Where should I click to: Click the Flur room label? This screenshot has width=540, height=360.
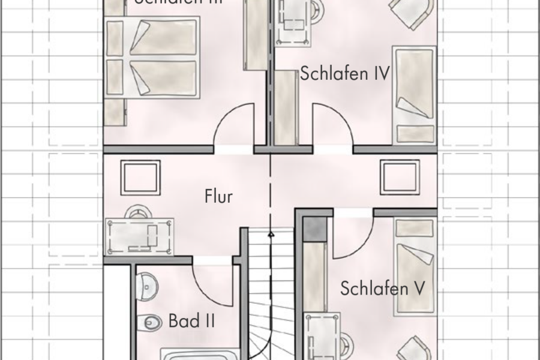(x=218, y=196)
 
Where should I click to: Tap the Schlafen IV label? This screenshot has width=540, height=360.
(x=345, y=74)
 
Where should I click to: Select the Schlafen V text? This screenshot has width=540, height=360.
(x=383, y=289)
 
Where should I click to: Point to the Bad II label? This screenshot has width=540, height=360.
(x=191, y=321)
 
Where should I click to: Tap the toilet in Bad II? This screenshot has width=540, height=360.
(x=148, y=322)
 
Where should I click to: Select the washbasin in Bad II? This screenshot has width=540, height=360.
(x=145, y=284)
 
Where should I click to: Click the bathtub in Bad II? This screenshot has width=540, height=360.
(x=198, y=353)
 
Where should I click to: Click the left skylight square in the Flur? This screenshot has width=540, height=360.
(x=140, y=178)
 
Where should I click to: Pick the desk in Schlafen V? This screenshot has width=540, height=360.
(x=324, y=336)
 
